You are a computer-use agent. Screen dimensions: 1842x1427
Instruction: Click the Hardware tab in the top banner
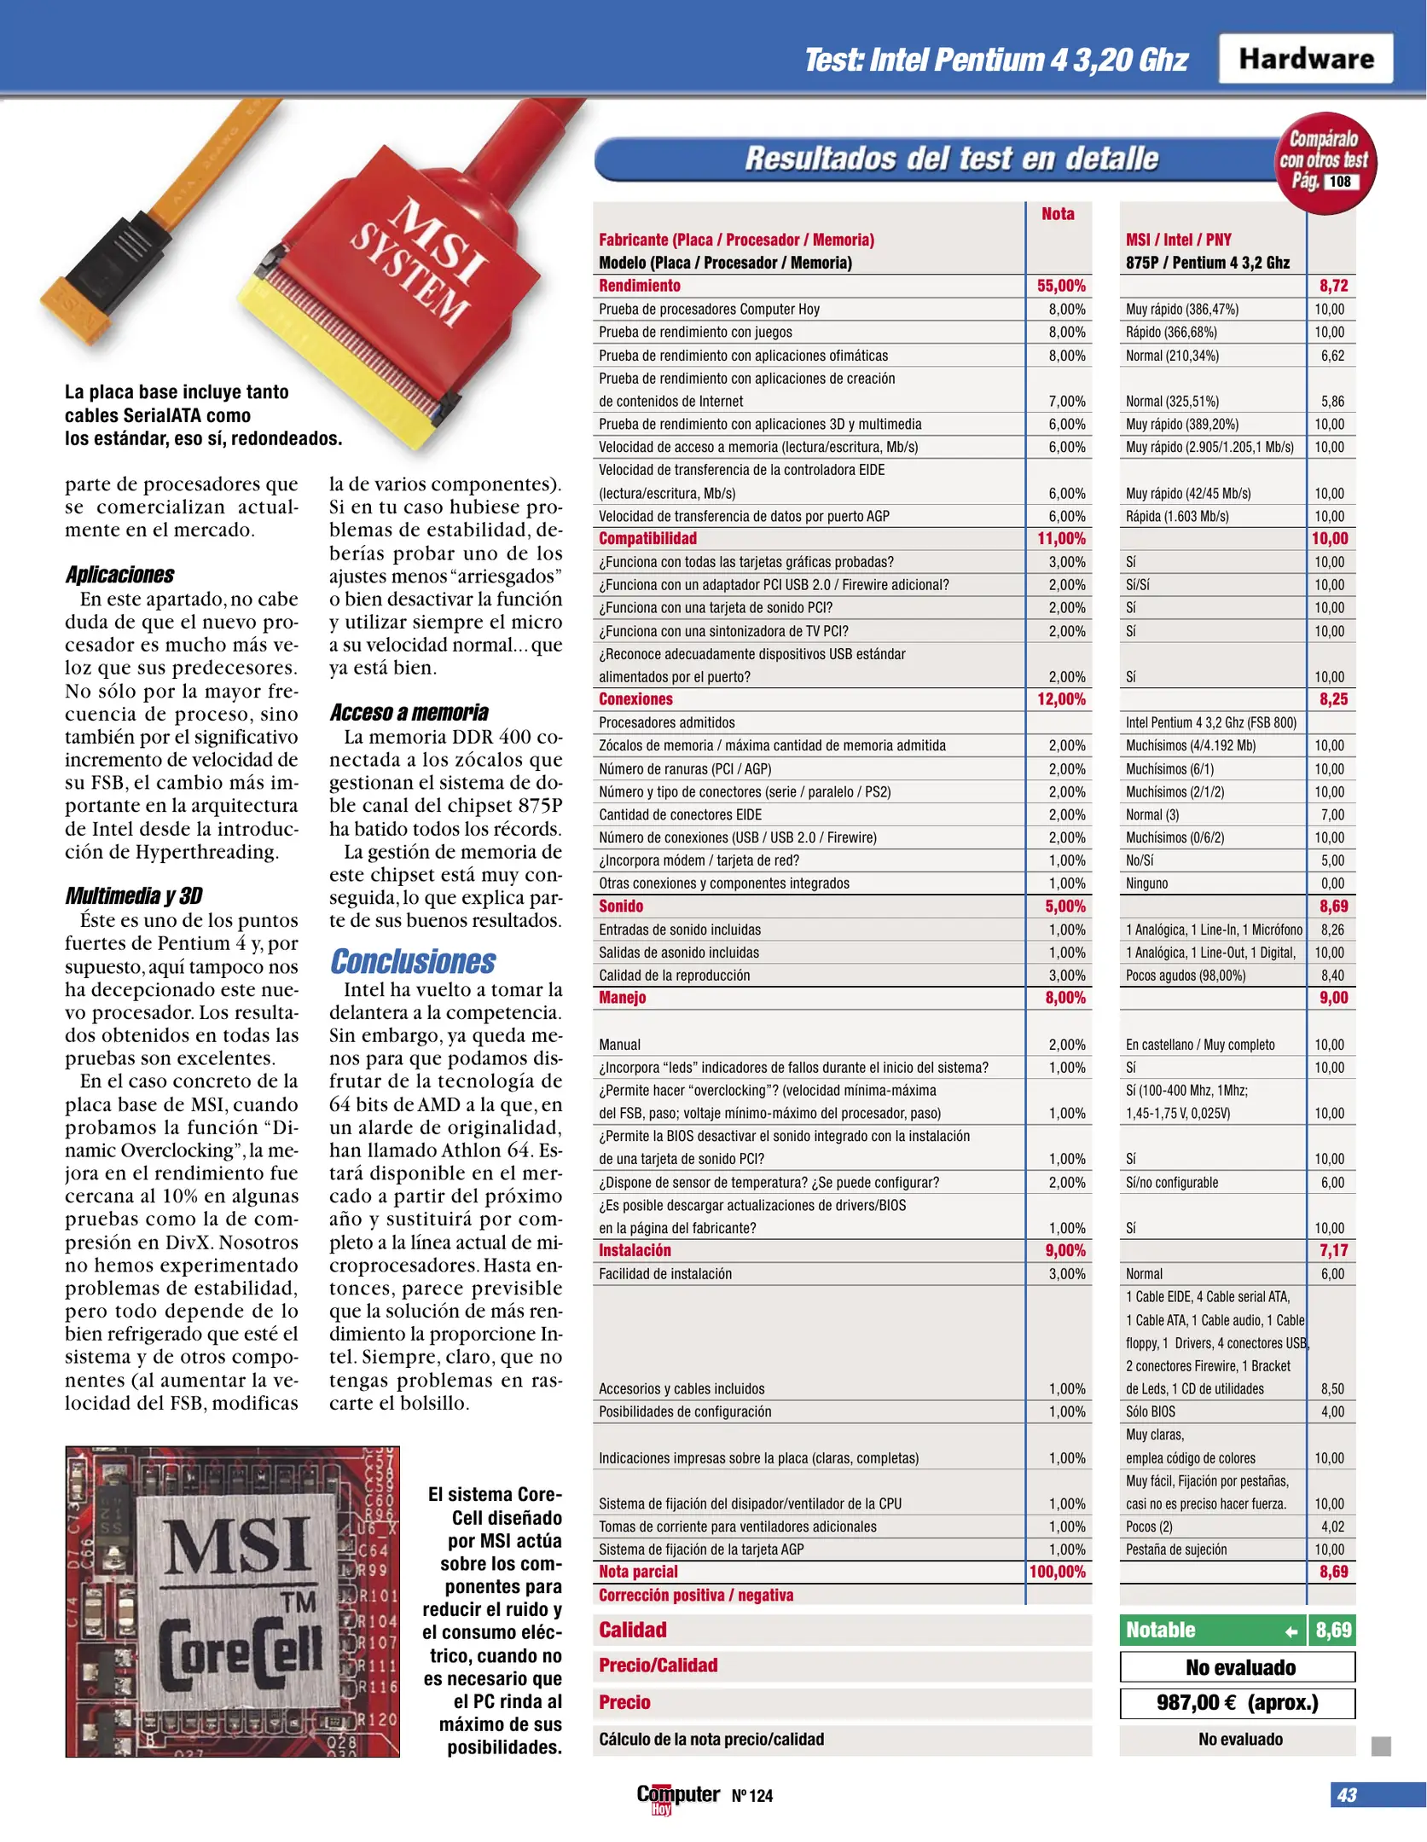tap(1305, 58)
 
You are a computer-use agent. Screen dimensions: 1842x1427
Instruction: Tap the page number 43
tap(1346, 1795)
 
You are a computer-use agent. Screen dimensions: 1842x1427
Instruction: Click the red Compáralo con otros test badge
tap(1325, 160)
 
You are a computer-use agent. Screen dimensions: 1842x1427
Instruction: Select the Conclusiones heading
tap(413, 961)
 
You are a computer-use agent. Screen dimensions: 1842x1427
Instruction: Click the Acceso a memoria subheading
tap(409, 712)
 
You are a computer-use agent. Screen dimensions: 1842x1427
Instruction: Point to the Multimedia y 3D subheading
tap(134, 895)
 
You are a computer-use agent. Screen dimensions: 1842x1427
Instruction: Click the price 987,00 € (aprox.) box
tap(1237, 1703)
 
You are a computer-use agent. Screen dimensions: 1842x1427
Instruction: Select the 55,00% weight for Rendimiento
tap(1060, 286)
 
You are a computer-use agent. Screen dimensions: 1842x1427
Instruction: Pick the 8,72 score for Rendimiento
tap(1333, 286)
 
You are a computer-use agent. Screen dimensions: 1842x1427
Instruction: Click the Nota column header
tap(1058, 214)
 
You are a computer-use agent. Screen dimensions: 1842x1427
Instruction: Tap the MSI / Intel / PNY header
tap(1178, 240)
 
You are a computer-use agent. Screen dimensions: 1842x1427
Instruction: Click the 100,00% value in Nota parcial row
tap(1058, 1572)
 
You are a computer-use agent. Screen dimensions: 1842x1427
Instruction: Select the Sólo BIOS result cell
tap(1150, 1411)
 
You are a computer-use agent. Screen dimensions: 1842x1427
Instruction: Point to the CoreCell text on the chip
tap(241, 1653)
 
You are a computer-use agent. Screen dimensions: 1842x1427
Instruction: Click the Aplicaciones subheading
tap(119, 575)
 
